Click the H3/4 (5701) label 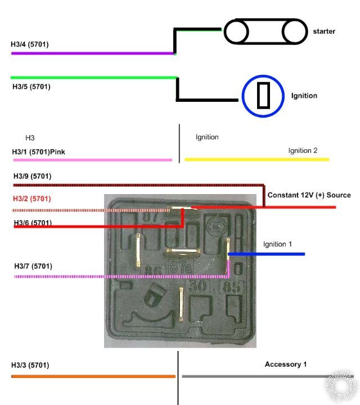tap(30, 44)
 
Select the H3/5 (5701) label tap(31, 87)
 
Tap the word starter tap(324, 31)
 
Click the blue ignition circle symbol tap(263, 96)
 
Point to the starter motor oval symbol tap(264, 31)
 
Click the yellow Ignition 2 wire tap(256, 160)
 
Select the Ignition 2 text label tap(303, 151)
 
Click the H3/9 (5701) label tap(33, 177)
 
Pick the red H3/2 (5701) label tap(32, 199)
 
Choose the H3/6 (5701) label tap(33, 223)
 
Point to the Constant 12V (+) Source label tap(309, 195)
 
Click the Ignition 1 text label tap(278, 244)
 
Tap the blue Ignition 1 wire tap(267, 254)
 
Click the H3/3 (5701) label tap(30, 365)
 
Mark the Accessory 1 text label tap(286, 364)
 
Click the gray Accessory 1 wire tap(259, 376)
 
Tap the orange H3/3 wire tap(93, 376)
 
